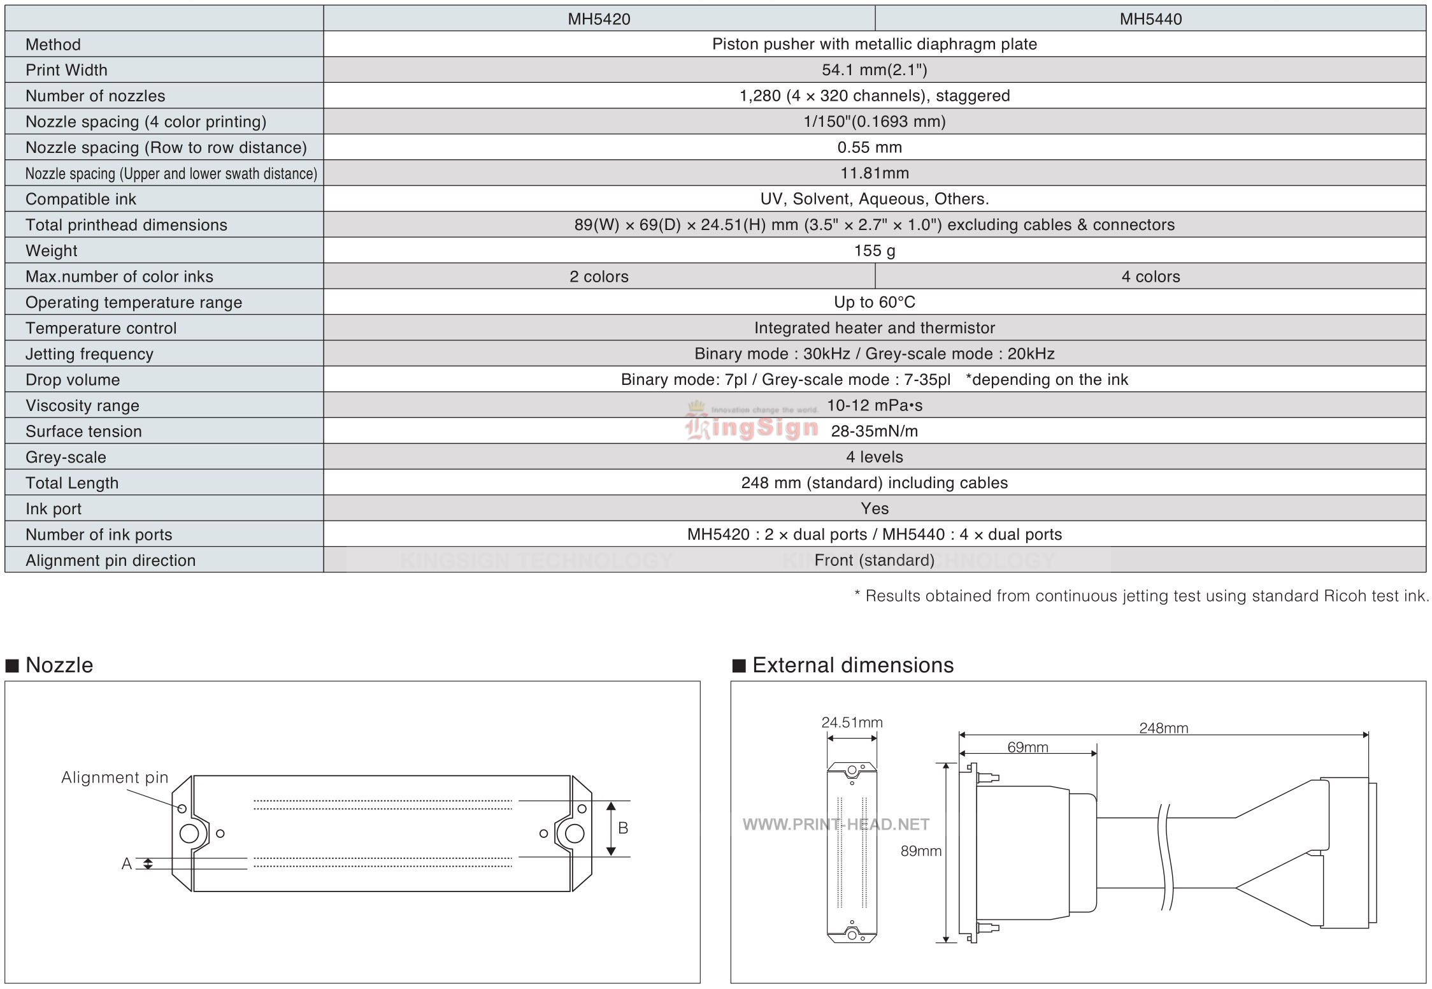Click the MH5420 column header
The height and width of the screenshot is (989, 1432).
tap(599, 19)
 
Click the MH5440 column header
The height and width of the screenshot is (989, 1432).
tap(1150, 19)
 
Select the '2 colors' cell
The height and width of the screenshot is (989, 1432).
tap(599, 277)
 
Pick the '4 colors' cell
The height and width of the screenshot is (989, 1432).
tap(1150, 277)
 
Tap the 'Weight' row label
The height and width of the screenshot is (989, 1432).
tap(52, 251)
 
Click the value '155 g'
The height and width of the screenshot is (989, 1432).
tap(875, 251)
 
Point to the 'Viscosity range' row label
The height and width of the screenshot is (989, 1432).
tap(82, 406)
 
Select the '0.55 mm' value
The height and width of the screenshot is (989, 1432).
tap(870, 148)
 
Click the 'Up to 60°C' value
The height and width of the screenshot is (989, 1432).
tap(875, 302)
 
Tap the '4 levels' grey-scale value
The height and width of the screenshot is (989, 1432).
tap(875, 457)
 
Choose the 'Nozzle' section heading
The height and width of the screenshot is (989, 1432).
tap(59, 665)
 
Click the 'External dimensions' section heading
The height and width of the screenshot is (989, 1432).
tap(853, 665)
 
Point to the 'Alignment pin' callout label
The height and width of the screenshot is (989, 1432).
tap(115, 777)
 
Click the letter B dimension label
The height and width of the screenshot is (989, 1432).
tap(623, 828)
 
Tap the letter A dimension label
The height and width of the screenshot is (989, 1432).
tap(127, 863)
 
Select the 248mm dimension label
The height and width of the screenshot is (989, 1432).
tap(1164, 728)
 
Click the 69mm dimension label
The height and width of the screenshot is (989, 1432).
tap(1027, 747)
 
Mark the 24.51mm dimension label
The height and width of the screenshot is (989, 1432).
tap(852, 723)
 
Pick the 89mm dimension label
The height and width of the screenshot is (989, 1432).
tap(921, 851)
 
